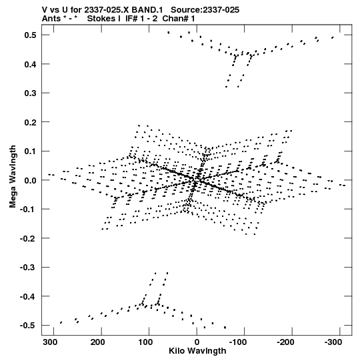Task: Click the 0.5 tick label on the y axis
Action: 30,35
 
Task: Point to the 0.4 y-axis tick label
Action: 30,64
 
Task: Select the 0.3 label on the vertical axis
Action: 30,93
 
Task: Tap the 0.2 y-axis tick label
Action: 30,122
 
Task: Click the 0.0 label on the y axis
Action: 30,180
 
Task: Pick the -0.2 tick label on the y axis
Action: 28,238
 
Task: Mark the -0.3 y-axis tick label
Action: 28,267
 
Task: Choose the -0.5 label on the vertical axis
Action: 28,326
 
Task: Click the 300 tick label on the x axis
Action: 50,342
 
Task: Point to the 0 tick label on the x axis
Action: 197,342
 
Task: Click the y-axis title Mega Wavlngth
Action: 13,177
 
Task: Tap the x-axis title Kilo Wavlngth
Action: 197,351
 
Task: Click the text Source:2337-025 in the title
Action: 205,10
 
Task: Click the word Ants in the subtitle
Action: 51,19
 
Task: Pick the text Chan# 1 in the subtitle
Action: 179,19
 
